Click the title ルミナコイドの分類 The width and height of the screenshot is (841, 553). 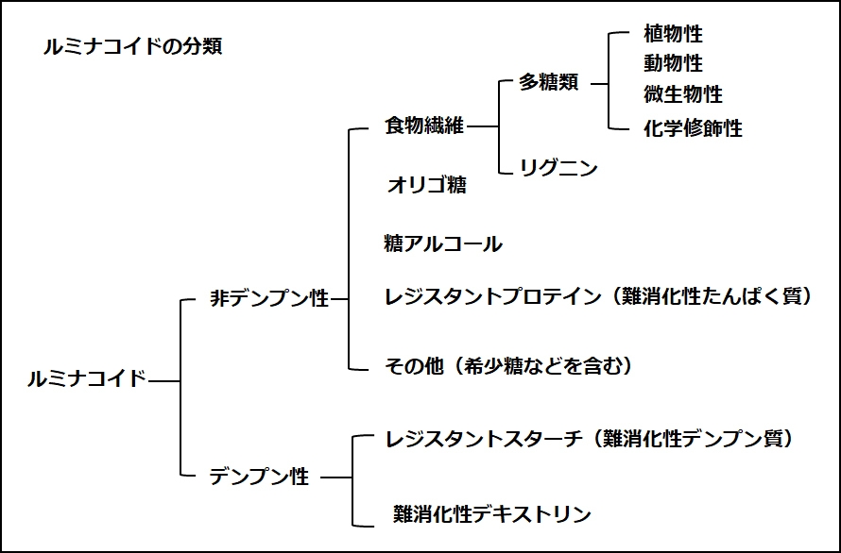(x=133, y=46)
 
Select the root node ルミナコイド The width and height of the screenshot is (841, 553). (x=86, y=380)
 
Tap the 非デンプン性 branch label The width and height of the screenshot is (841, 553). (x=269, y=300)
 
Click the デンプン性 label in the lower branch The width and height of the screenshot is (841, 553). (x=259, y=478)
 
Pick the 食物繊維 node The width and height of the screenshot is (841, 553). (x=424, y=126)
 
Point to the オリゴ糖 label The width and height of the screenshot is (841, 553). (x=426, y=185)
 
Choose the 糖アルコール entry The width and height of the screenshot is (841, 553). (x=443, y=244)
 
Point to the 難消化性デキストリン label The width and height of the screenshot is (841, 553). (x=491, y=514)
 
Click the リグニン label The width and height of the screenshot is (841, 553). (x=558, y=169)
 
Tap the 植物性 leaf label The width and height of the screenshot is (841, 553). (x=673, y=35)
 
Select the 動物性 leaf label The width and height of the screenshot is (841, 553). (x=673, y=64)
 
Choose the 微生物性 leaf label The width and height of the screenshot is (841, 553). (x=682, y=94)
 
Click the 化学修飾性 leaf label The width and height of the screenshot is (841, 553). (x=693, y=128)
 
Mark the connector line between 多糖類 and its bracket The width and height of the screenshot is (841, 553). (x=598, y=83)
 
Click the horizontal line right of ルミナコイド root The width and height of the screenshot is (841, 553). (x=164, y=381)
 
